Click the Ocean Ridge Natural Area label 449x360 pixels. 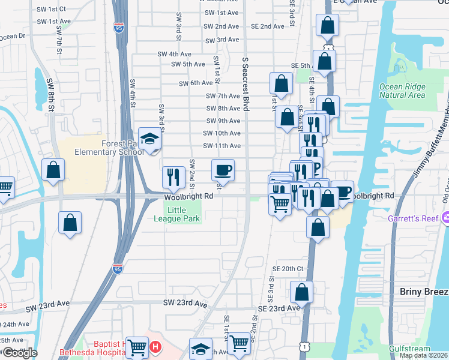click(402, 91)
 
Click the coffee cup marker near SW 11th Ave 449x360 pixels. click(223, 170)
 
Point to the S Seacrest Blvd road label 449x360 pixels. click(245, 85)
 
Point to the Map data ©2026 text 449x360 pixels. click(424, 355)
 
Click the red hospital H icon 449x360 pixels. click(155, 347)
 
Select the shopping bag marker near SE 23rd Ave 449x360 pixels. click(302, 293)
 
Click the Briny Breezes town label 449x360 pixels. click(424, 292)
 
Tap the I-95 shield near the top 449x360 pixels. click(118, 26)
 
